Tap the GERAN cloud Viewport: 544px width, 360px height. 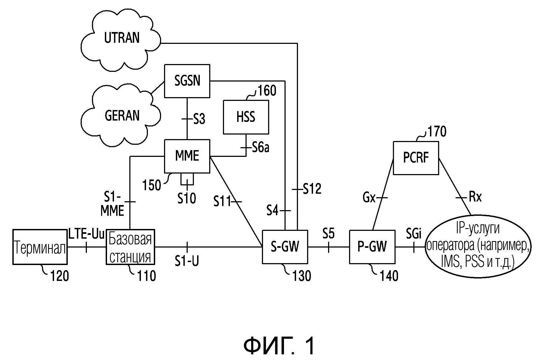pos(122,116)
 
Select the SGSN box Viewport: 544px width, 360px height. pos(187,81)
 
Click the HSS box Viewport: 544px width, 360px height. pos(246,117)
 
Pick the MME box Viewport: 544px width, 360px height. pos(187,156)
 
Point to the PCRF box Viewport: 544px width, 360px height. pos(416,158)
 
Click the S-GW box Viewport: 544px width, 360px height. pos(285,247)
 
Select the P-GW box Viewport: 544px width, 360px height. pos(372,247)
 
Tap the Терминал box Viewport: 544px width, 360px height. pos(40,247)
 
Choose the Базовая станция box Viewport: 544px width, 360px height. pos(130,247)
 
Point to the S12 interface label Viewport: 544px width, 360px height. pos(312,189)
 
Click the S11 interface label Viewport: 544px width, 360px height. pos(222,201)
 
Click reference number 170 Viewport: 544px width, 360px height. pos(437,132)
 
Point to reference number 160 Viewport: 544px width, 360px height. pos(267,91)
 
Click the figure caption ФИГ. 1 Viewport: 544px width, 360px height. pos(279,346)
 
